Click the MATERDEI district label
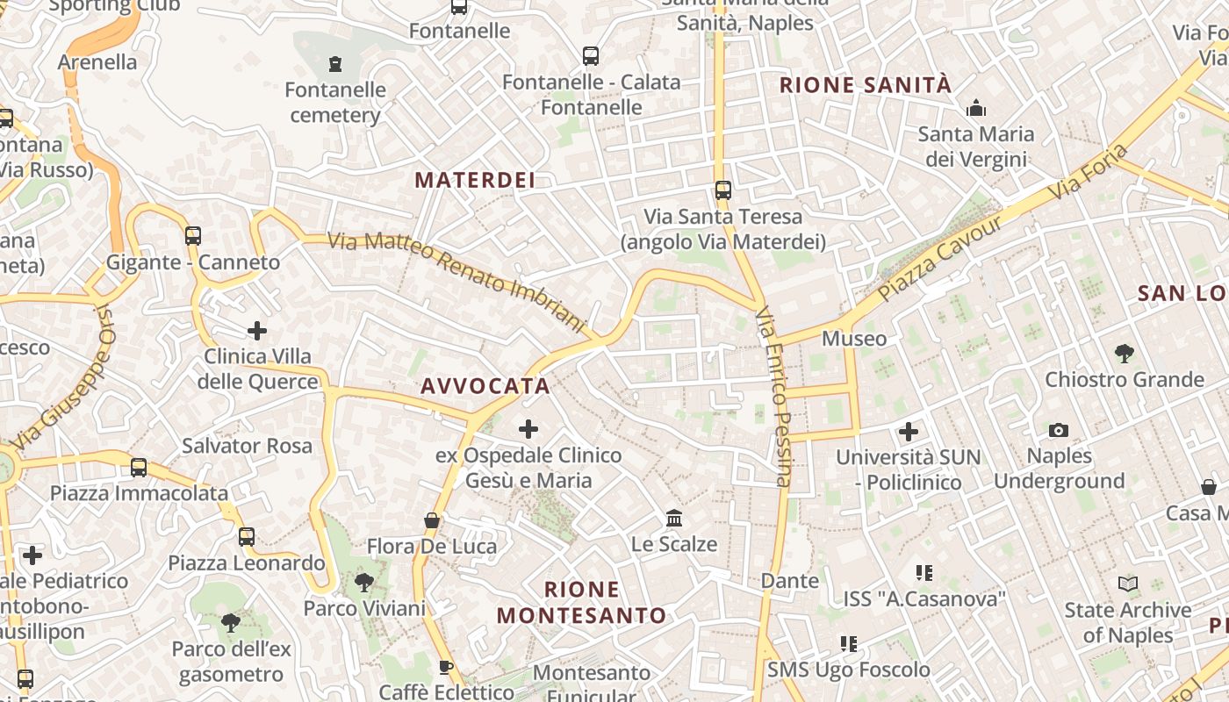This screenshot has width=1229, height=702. click(475, 180)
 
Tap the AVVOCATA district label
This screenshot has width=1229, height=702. click(485, 386)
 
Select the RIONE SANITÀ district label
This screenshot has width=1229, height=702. click(866, 85)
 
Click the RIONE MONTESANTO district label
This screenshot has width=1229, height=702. click(582, 602)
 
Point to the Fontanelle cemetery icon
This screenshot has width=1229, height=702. click(334, 63)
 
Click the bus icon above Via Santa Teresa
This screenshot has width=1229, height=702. click(722, 190)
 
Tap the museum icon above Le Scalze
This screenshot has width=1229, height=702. click(674, 518)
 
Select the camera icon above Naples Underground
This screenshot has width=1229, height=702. click(1059, 430)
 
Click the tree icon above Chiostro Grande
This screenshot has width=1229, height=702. click(1124, 354)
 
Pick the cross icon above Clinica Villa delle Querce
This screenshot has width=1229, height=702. click(257, 330)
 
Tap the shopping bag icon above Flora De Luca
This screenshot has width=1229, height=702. click(431, 520)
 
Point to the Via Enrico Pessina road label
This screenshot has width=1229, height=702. click(774, 397)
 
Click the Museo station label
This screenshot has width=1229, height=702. click(854, 339)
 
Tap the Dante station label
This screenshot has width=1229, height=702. click(790, 580)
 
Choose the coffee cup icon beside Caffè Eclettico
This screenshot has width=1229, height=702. click(446, 667)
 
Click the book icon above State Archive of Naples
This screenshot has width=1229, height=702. click(1128, 584)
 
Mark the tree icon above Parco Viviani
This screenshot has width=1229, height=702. click(363, 582)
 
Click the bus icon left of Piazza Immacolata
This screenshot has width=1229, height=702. click(139, 467)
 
